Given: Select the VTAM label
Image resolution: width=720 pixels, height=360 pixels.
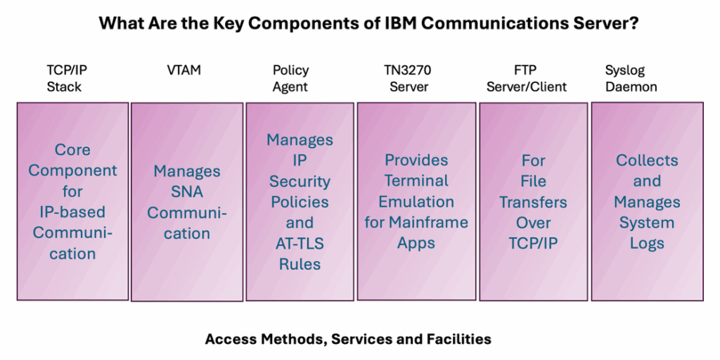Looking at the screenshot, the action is [x=184, y=70].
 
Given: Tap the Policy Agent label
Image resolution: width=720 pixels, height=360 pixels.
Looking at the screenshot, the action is [x=290, y=78].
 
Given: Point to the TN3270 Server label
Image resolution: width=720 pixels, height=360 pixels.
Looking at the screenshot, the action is [x=409, y=78].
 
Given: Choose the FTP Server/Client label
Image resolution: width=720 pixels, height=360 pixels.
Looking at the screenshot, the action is [x=527, y=78].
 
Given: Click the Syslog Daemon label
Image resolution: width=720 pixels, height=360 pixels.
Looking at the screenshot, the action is [x=631, y=78].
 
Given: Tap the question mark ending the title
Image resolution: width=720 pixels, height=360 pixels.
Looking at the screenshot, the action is [x=634, y=23].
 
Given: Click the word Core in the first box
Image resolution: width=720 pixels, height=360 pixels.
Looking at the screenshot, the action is [x=72, y=150].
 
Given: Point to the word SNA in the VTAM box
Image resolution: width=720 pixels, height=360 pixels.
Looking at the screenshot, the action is [x=187, y=192].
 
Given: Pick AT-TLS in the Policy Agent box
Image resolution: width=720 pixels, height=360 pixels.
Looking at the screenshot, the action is [x=300, y=244].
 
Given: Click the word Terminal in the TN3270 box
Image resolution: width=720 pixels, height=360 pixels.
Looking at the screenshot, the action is [x=416, y=181].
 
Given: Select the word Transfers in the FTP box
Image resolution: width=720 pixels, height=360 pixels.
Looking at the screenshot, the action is [x=534, y=202].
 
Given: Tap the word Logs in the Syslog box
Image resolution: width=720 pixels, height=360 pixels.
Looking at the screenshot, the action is [x=647, y=243].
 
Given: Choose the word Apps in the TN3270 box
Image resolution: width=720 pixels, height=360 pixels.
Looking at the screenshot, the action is [x=416, y=244].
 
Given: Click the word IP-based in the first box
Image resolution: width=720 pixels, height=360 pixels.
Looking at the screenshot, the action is [x=72, y=212].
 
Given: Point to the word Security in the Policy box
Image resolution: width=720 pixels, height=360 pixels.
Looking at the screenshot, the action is [x=300, y=182].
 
